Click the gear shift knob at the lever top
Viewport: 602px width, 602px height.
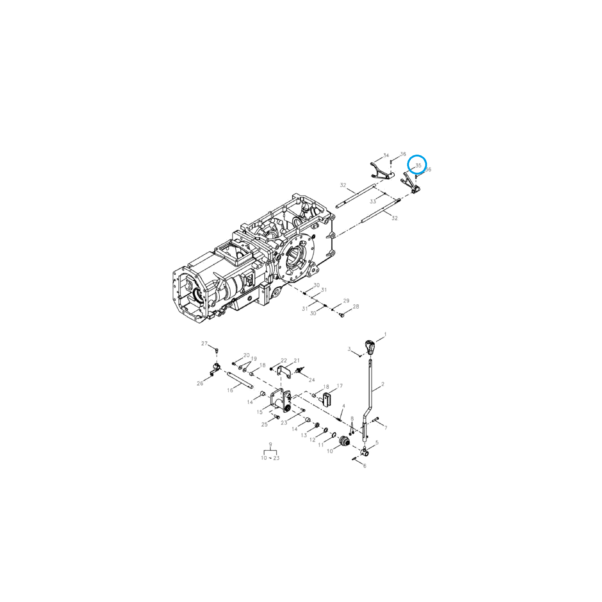coord(370,347)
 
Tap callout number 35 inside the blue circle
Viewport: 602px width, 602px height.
coord(418,165)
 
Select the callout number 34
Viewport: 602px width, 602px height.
coord(386,155)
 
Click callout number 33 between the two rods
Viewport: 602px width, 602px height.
coord(372,201)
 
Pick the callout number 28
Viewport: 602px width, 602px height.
coord(356,306)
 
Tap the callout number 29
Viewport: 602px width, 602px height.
coord(346,301)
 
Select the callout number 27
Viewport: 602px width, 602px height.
coord(204,344)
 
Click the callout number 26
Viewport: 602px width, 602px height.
coord(200,383)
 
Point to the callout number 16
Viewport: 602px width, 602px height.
coord(230,390)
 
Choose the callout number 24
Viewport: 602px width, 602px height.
coord(312,380)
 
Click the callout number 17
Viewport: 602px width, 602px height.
coord(340,386)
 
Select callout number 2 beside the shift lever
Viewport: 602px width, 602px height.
coord(383,384)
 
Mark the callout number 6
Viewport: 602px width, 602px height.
coord(365,466)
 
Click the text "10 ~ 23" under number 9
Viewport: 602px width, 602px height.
coord(270,458)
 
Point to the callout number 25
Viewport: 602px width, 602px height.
coord(265,424)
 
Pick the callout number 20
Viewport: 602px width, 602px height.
coord(246,355)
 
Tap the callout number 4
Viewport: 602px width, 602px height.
coord(344,406)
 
